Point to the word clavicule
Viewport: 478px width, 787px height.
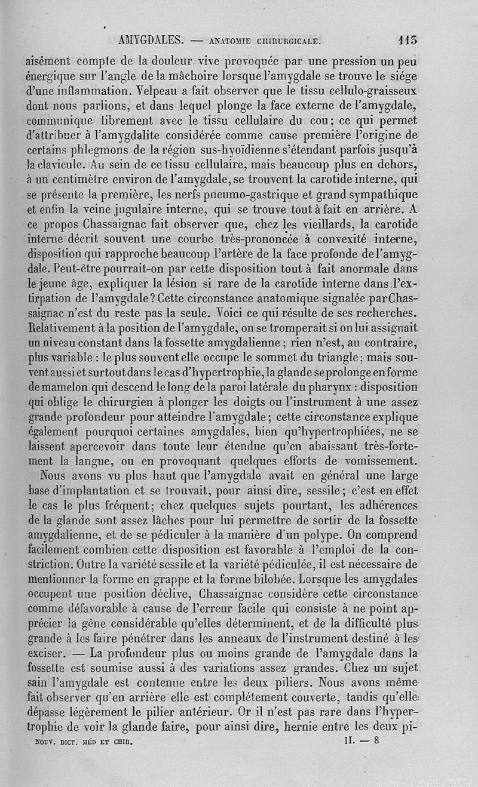pyautogui.click(x=56, y=163)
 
